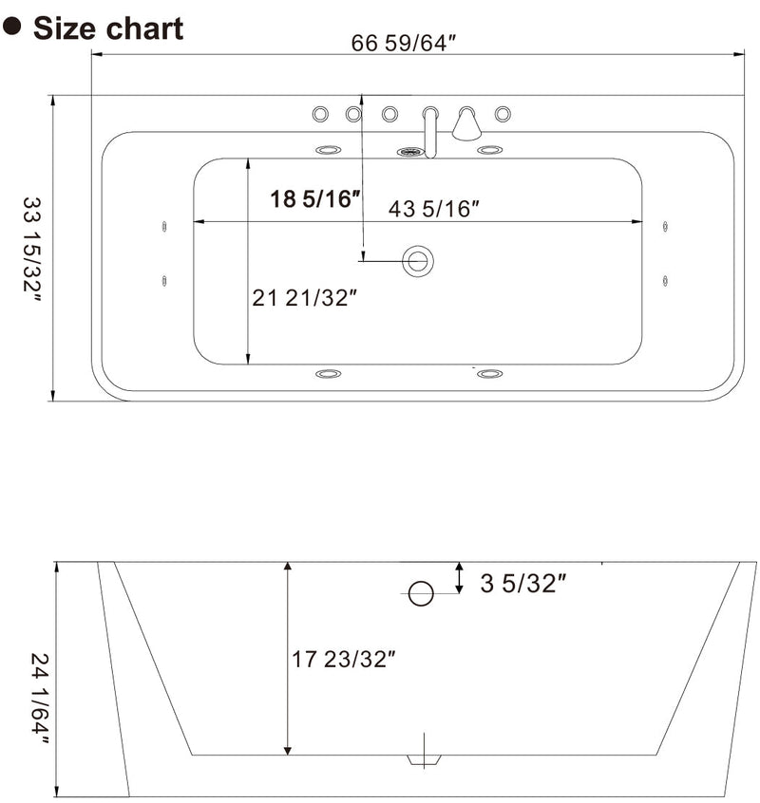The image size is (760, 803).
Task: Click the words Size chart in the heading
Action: click(108, 28)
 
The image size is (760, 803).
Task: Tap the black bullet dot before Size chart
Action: click(12, 27)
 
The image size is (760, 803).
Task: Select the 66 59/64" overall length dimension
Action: click(405, 43)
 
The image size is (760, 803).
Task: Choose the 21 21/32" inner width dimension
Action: click(305, 298)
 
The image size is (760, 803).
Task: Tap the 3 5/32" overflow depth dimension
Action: click(522, 583)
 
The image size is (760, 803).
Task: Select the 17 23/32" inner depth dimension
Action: click(343, 659)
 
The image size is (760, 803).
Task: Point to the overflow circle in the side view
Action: click(420, 594)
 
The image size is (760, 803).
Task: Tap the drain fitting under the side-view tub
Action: click(424, 758)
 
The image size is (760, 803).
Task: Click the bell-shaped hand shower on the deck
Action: click(465, 123)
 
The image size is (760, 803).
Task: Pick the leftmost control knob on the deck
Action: click(321, 114)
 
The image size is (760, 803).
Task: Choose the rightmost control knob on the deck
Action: click(502, 114)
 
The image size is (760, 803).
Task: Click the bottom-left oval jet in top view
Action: click(328, 374)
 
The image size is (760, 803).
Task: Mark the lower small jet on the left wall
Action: click(165, 280)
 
